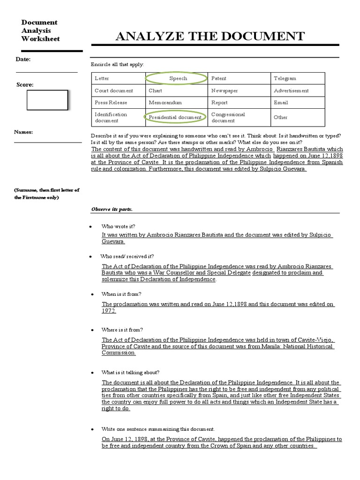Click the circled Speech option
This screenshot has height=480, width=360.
coord(178,78)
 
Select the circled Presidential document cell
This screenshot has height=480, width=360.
coord(175,117)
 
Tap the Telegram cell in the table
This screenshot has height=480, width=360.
coord(285,78)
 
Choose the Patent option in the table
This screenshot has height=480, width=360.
coord(218,78)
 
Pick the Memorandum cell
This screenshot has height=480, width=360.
coord(165,102)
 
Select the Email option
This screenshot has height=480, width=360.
coord(281,102)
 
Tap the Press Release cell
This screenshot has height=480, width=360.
coord(111,102)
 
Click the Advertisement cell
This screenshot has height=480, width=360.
coord(291,90)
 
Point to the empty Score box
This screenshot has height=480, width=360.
coord(47,100)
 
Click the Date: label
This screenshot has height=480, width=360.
coord(23,59)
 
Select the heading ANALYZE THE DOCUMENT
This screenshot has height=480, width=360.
coord(210,36)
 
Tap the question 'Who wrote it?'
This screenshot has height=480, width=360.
coord(118,226)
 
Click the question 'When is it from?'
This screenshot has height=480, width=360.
coord(121,294)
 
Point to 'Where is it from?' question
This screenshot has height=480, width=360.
coord(122,330)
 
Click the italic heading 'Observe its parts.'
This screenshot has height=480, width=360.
coord(112,209)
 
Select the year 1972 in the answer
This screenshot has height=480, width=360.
coord(109,311)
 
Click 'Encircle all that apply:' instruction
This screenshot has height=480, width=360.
coord(117,64)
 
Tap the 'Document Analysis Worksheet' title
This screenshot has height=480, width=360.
coord(40,30)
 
